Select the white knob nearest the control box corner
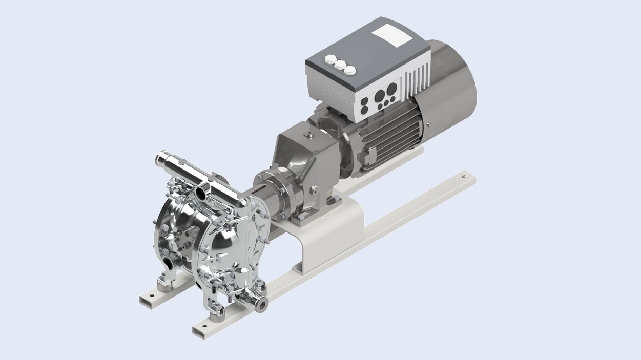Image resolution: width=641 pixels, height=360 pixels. point(350,70)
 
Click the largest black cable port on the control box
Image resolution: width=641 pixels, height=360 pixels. point(380,96)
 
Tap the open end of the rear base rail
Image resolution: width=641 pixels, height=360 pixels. point(146,298)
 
